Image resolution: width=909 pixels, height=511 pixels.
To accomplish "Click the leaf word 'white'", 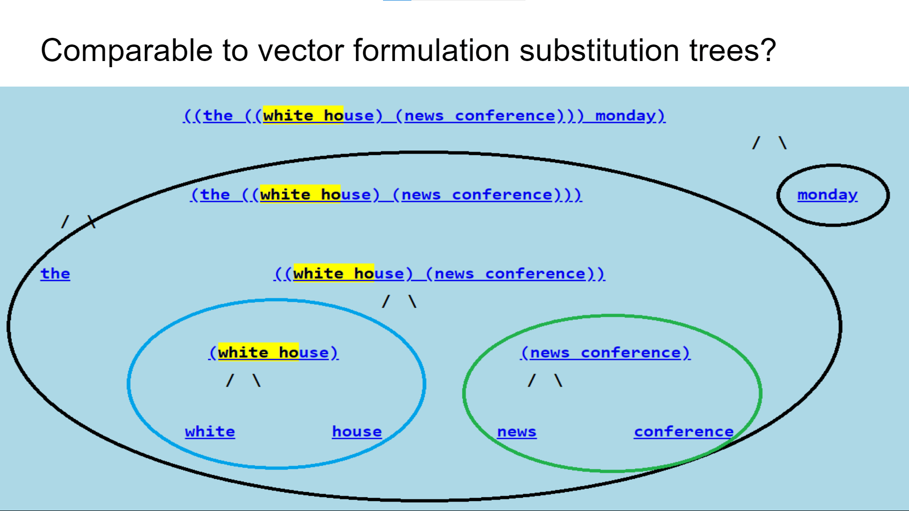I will coord(210,432).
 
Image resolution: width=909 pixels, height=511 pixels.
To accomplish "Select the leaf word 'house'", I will coord(356,432).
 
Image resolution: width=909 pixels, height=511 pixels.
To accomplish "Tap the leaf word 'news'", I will coord(517,432).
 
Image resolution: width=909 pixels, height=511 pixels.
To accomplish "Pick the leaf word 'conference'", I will coord(684,432).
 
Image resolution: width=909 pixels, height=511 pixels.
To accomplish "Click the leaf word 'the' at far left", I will coord(55,273).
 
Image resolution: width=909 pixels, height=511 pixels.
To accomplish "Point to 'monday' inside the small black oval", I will coord(827,194).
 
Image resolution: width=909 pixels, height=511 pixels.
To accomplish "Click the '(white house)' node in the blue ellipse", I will coord(274,352).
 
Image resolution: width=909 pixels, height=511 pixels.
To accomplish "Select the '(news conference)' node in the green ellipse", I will coord(605,352).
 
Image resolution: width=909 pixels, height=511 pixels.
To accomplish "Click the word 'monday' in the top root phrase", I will coord(625,115).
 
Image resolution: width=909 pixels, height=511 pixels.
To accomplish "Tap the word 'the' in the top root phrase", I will coord(218,115).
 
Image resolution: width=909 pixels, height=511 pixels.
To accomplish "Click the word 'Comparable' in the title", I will coord(127,51).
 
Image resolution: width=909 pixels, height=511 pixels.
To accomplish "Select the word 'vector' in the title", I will coord(301,51).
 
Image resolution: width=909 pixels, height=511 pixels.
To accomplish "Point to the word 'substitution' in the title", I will coord(599,51).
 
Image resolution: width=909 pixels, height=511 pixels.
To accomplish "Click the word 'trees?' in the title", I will coord(732,51).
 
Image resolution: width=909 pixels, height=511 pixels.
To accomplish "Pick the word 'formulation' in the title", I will coord(431,51).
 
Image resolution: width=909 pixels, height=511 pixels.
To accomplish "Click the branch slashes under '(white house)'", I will coord(243,380).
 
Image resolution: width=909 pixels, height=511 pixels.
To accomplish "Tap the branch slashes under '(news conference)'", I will coord(545,380).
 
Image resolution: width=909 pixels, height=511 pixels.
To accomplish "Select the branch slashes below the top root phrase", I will coord(769,142).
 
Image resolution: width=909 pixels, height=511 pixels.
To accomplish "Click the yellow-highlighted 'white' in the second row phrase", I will coord(285,194).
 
